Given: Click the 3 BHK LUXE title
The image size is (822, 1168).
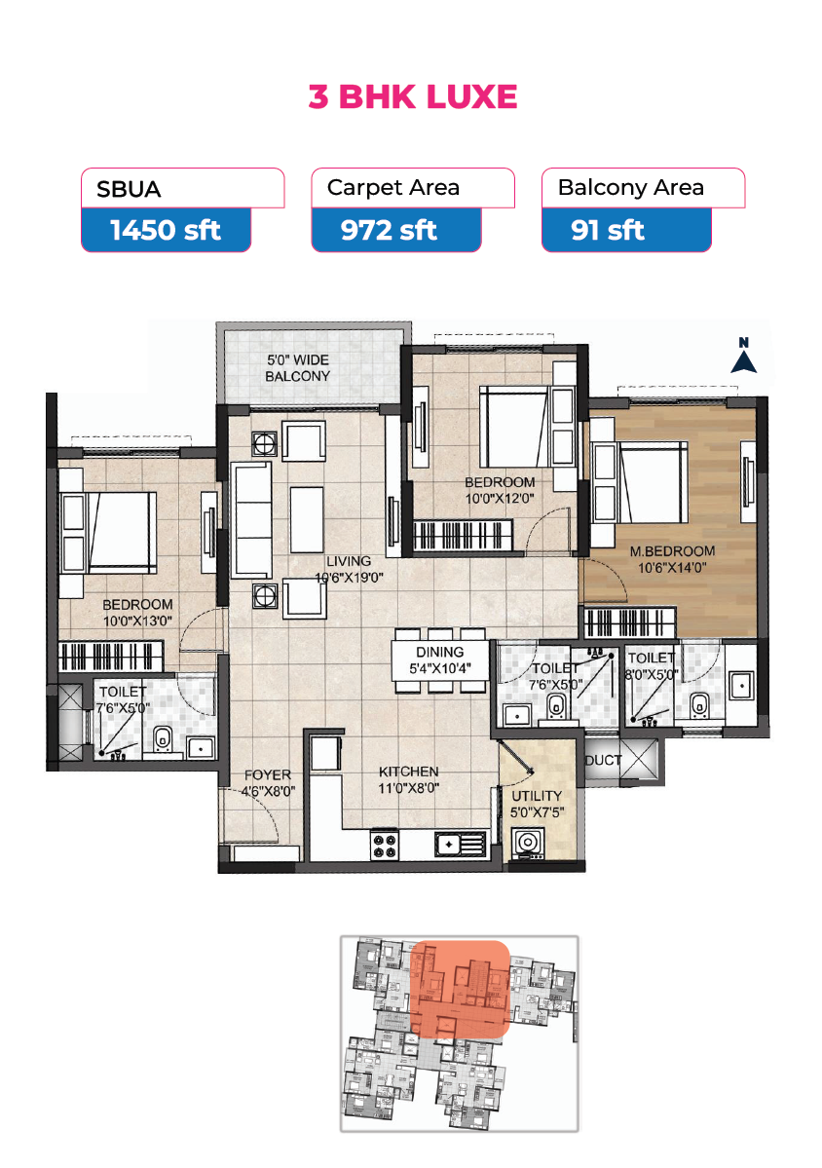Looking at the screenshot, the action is click(413, 96).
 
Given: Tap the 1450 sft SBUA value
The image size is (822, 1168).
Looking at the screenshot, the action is click(166, 230).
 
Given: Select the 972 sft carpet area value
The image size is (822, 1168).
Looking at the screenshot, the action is click(389, 230).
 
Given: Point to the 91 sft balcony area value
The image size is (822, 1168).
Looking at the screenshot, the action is click(608, 230).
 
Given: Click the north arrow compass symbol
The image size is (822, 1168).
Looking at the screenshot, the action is click(743, 356).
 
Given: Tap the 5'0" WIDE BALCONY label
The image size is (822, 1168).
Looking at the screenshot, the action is click(298, 368).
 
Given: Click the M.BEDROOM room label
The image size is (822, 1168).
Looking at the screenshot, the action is click(672, 551).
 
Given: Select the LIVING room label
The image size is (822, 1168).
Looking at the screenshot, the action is click(349, 561).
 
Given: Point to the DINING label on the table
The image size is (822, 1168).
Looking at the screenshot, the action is click(440, 652).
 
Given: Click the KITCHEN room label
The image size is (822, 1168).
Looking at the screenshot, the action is click(409, 772).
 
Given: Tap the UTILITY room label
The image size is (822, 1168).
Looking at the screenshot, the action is click(537, 796).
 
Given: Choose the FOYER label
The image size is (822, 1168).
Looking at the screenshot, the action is click(268, 774).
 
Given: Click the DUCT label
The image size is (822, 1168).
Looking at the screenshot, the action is click(603, 761).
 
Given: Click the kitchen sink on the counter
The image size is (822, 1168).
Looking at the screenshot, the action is click(460, 845).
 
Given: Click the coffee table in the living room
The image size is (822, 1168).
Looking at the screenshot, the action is click(307, 519).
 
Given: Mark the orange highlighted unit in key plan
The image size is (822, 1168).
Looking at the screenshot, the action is click(460, 989).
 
